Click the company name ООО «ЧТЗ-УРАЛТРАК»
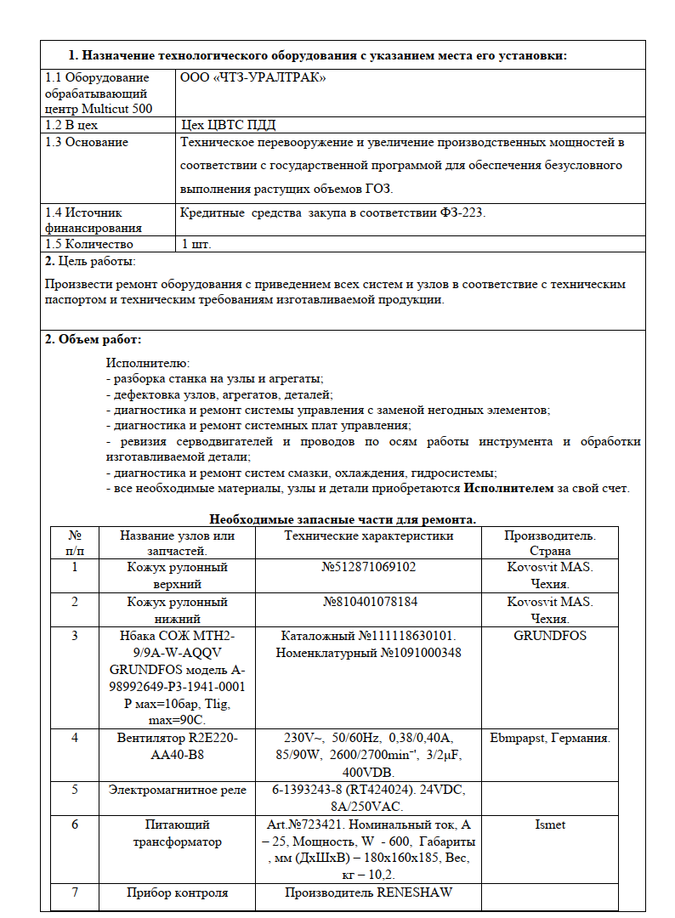click(x=253, y=77)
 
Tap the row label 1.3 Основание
click(x=87, y=142)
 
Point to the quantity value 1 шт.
click(x=196, y=244)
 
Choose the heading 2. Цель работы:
click(x=90, y=261)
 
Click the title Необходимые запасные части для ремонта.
click(x=343, y=518)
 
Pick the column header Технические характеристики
click(x=368, y=535)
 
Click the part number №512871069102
click(x=369, y=567)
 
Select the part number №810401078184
click(x=369, y=602)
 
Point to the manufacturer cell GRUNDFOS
click(x=549, y=635)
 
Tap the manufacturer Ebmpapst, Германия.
click(x=549, y=737)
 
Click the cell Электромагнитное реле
click(x=177, y=790)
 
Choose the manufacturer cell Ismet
click(x=549, y=824)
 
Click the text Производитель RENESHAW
click(x=368, y=892)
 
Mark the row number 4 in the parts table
click(x=75, y=737)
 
